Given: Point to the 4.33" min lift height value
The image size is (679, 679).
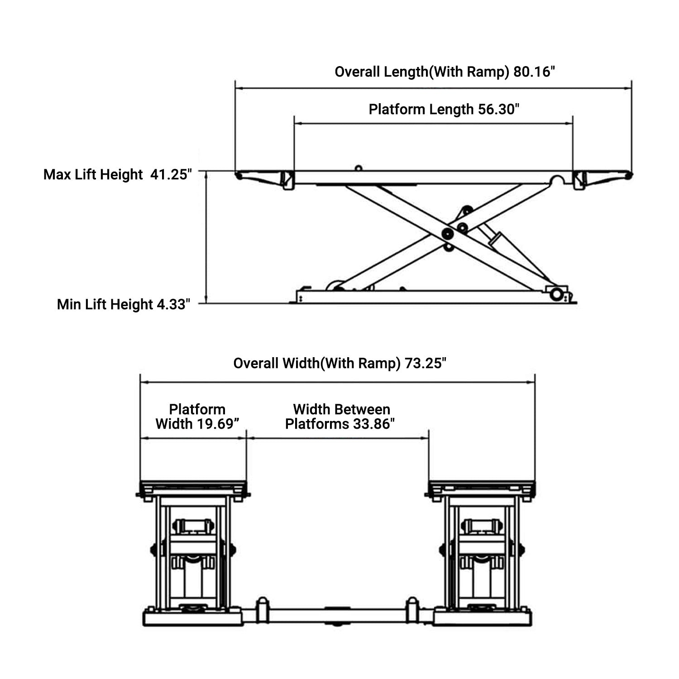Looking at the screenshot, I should (172, 305).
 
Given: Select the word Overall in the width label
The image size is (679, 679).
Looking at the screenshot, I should (256, 363).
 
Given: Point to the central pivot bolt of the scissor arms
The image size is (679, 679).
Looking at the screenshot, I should (447, 234).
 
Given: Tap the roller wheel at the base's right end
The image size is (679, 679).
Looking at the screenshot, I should (556, 295).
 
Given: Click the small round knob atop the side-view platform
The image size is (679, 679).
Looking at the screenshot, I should (358, 168).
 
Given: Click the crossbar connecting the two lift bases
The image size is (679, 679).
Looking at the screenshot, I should (337, 615).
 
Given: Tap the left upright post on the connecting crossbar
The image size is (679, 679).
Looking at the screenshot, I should (262, 609).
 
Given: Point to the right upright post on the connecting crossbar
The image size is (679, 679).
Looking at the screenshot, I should (412, 609).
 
